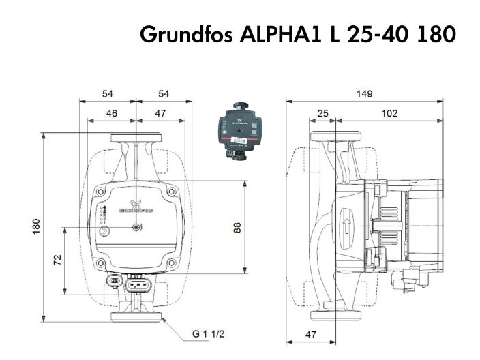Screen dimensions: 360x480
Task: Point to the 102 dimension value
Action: (x=389, y=113)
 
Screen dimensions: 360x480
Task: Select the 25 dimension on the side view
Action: (x=323, y=113)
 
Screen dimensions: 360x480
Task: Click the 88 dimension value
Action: (x=238, y=228)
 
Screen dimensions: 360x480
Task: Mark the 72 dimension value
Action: (x=58, y=260)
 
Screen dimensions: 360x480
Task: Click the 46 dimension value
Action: (x=112, y=113)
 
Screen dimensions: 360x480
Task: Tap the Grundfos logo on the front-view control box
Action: (x=136, y=207)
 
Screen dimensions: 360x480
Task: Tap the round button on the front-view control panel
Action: (x=104, y=231)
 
